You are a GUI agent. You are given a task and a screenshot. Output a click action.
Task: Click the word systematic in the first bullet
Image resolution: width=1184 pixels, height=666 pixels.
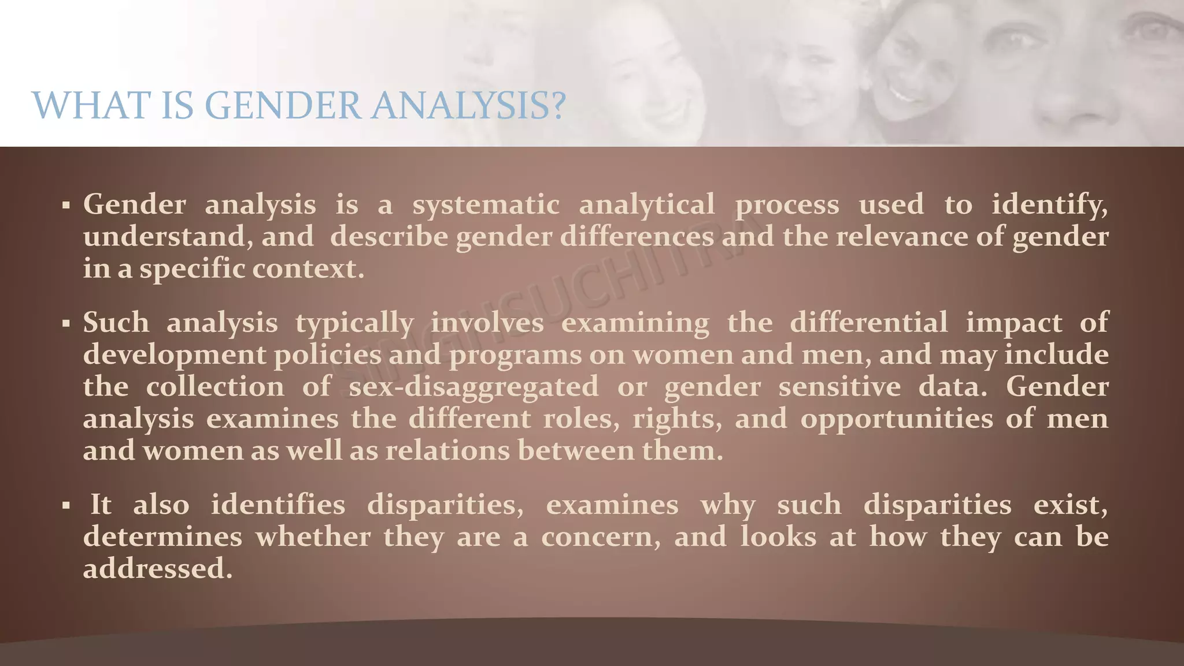click(486, 205)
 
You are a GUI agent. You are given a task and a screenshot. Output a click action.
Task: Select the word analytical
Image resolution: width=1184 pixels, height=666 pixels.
click(646, 205)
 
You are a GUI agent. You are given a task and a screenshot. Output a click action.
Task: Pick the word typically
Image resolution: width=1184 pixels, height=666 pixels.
click(354, 323)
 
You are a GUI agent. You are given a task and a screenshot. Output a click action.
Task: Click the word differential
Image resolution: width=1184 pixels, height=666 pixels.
click(868, 323)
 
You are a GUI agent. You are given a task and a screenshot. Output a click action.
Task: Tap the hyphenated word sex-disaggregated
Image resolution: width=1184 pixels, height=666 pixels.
click(473, 387)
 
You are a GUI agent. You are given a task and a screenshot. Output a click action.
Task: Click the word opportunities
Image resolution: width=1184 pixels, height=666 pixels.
click(896, 419)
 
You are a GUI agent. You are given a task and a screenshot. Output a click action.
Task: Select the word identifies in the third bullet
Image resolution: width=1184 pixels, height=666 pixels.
click(277, 505)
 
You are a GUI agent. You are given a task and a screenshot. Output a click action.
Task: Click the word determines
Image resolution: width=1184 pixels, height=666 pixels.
click(162, 536)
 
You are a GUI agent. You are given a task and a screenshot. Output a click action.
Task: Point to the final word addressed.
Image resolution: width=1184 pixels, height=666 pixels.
click(157, 568)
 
